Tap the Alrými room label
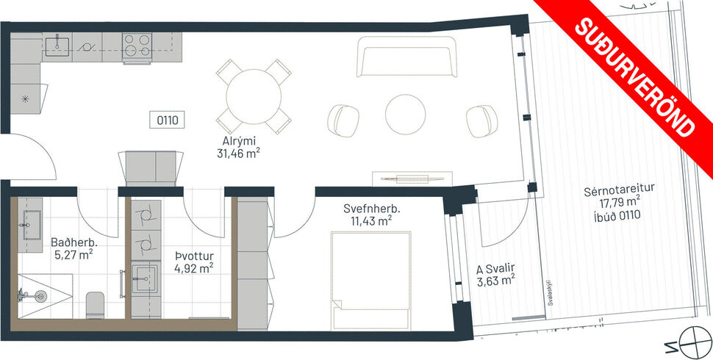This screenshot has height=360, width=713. click(x=243, y=142)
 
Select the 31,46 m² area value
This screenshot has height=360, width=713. click(x=243, y=154)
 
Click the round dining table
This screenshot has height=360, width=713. click(x=253, y=98)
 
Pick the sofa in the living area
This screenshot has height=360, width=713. click(x=406, y=57)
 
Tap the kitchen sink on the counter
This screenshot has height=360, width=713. click(x=57, y=47)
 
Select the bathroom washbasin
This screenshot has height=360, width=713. click(x=32, y=219)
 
